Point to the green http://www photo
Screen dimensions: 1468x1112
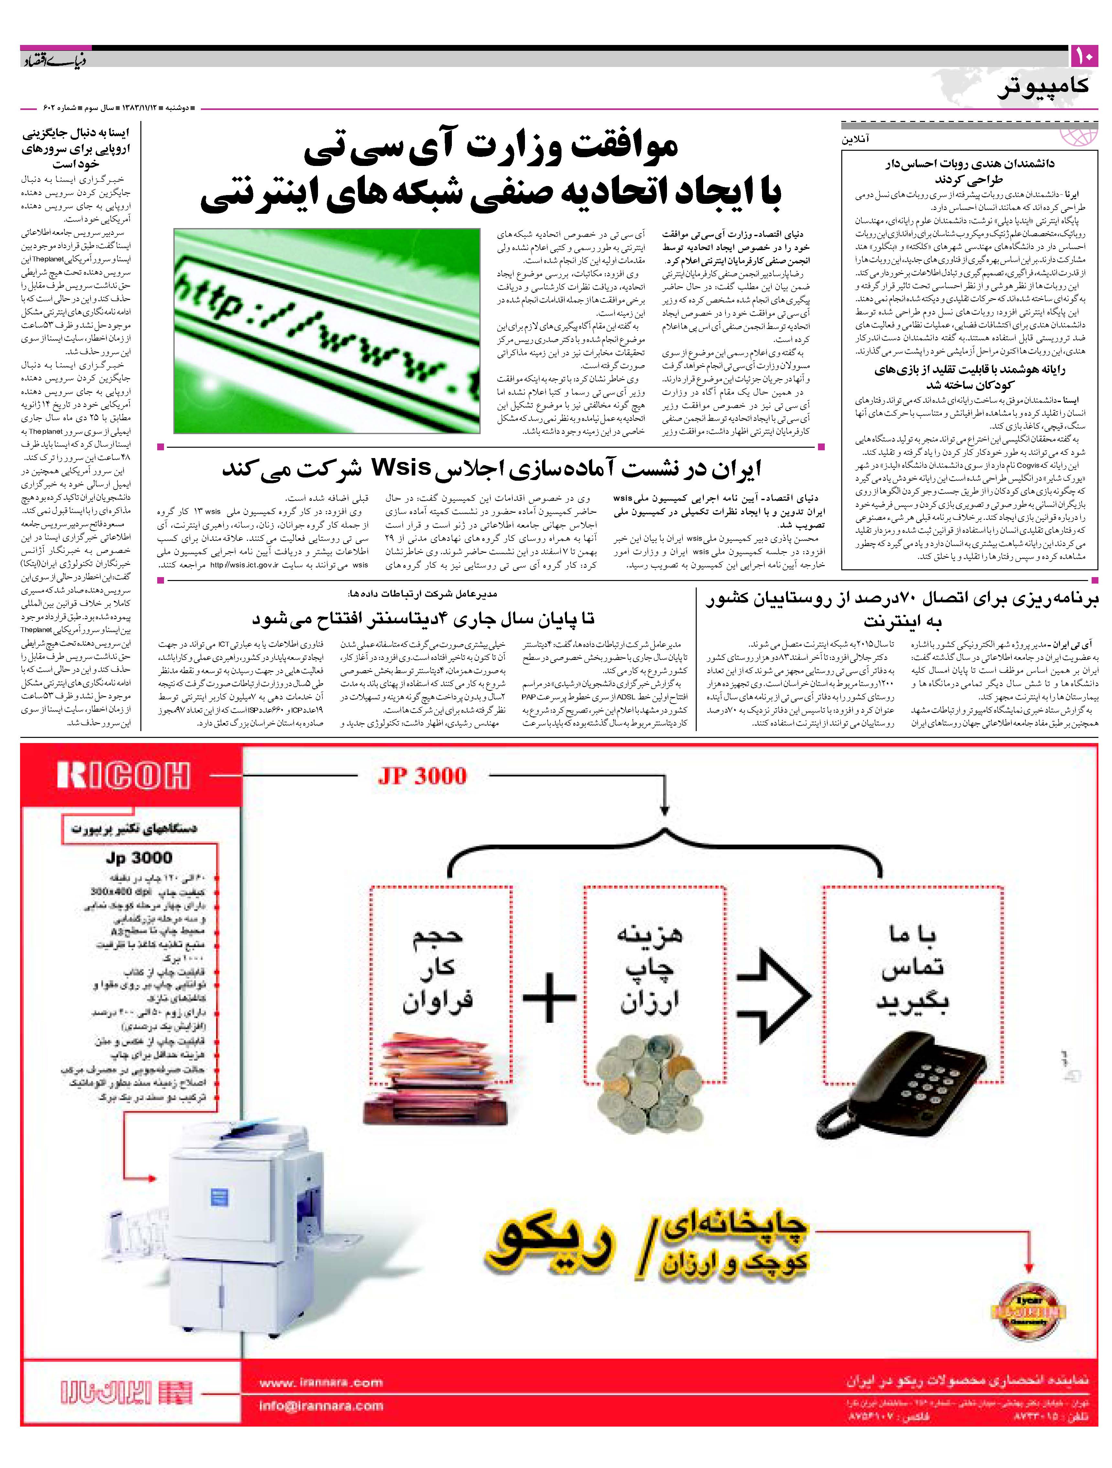coord(326,331)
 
